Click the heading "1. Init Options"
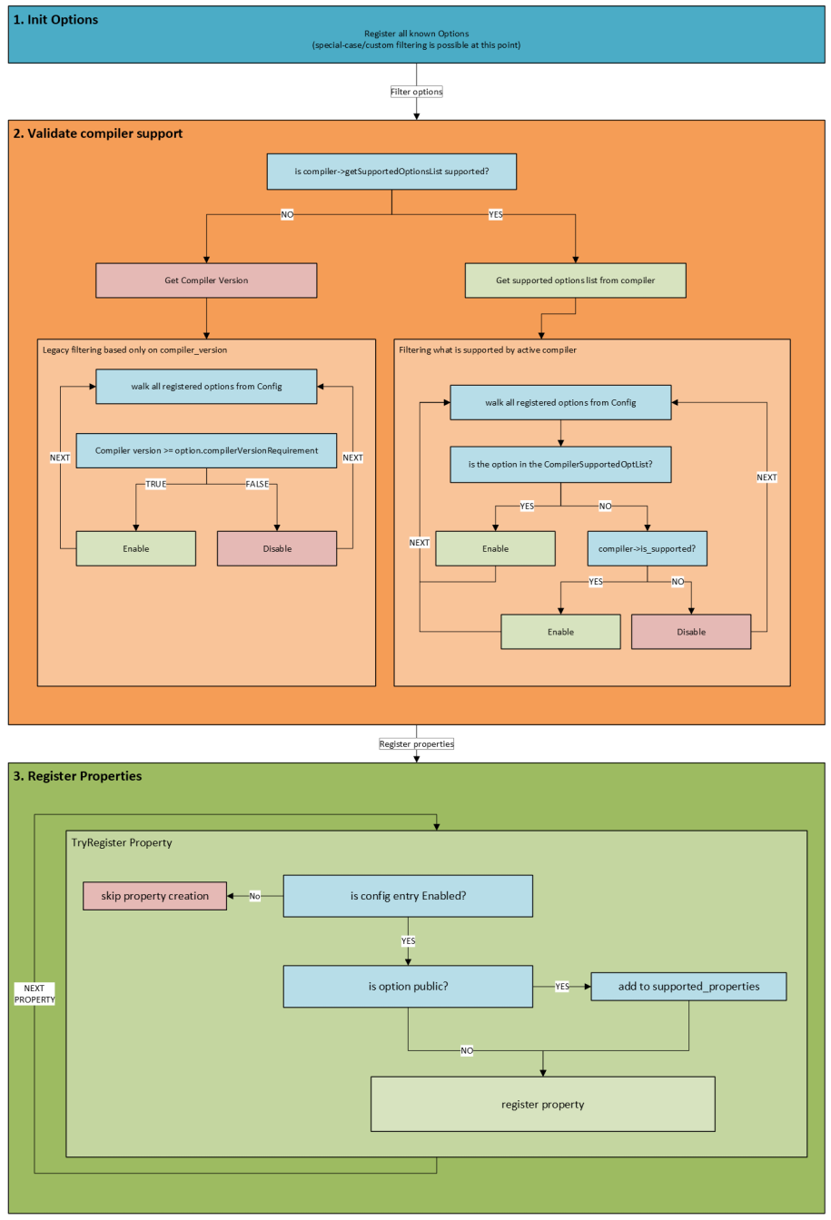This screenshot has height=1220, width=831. click(x=56, y=19)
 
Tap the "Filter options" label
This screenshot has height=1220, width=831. click(x=416, y=92)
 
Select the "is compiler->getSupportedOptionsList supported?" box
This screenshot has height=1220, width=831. click(x=391, y=172)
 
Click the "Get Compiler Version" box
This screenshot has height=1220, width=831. click(x=206, y=280)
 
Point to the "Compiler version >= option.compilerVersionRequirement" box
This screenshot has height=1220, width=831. click(x=206, y=450)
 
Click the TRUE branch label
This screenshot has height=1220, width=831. click(x=155, y=484)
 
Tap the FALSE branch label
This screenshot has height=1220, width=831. click(x=258, y=484)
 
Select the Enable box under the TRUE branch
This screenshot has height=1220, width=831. click(x=136, y=548)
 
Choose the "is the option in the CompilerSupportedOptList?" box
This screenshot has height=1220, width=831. click(x=560, y=464)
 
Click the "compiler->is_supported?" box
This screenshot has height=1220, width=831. click(x=647, y=548)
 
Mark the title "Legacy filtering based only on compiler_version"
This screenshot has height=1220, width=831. click(x=134, y=349)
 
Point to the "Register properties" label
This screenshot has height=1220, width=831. click(x=416, y=743)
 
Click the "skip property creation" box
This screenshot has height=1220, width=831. click(x=155, y=896)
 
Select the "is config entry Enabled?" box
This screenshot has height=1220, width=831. click(x=408, y=896)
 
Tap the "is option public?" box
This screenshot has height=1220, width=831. click(x=408, y=986)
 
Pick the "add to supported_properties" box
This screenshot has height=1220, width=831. click(x=688, y=986)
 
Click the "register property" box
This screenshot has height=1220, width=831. click(x=542, y=1104)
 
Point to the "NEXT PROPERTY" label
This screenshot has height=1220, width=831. click(x=35, y=993)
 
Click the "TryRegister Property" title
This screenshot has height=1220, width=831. click(x=122, y=842)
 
